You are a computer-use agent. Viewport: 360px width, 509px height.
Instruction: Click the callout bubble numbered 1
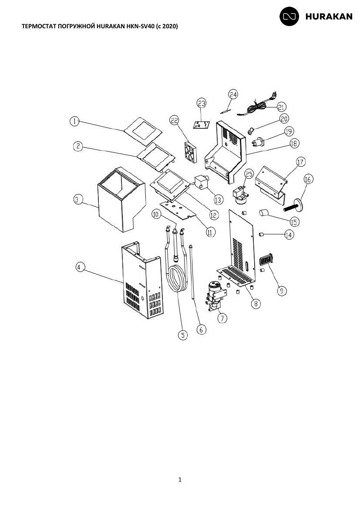click(75, 121)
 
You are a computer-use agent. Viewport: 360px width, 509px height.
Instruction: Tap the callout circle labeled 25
click(249, 174)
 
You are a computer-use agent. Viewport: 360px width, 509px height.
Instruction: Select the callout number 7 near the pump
click(222, 318)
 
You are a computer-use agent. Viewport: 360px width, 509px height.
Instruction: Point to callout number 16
click(308, 179)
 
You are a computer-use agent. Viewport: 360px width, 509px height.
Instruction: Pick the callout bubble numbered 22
click(175, 121)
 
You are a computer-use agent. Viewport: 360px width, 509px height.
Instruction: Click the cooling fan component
click(191, 152)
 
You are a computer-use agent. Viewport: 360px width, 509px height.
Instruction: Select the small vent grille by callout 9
click(266, 260)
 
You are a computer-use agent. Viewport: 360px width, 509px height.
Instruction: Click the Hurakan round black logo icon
click(289, 16)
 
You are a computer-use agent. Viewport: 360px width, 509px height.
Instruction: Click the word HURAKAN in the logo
click(329, 17)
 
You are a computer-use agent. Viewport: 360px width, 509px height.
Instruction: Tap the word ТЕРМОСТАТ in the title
click(37, 26)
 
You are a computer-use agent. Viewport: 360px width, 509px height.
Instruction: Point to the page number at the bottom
click(180, 479)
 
